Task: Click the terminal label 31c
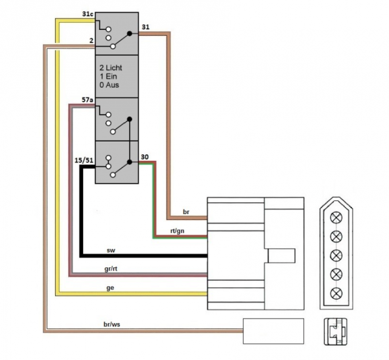coord(88,14)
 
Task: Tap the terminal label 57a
coord(88,100)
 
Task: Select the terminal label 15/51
coord(84,160)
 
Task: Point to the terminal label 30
coord(145,157)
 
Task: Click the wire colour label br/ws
coord(112,324)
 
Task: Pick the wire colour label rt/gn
coord(177,231)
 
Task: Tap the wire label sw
coord(111,250)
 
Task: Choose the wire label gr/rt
coord(111,269)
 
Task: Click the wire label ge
coord(110,288)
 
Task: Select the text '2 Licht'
coord(111,67)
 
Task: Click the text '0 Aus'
coord(109,85)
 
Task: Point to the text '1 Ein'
coord(108,77)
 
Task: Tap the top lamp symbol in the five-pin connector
coord(336,218)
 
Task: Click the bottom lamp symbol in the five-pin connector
coord(336,293)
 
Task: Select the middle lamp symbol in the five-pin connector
coord(336,256)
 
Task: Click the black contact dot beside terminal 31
coord(129,33)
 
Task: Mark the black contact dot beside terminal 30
coord(129,162)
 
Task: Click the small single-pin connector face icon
coord(335,331)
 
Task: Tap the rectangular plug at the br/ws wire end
coord(274,331)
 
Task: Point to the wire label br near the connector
coord(186,211)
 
